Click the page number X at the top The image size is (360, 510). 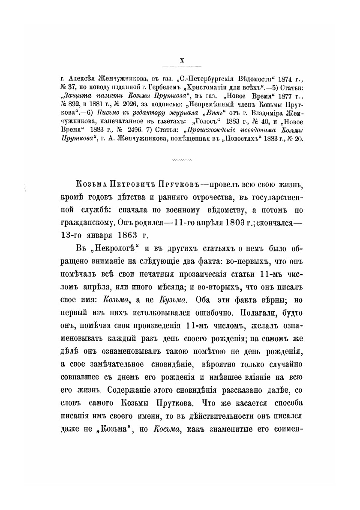[181, 61]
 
